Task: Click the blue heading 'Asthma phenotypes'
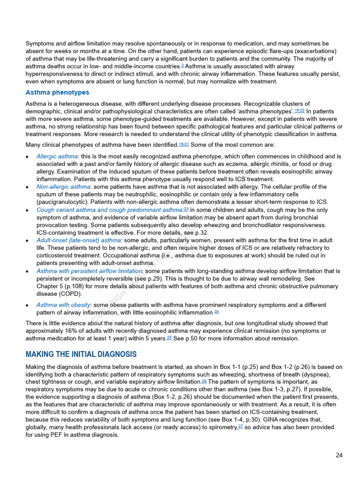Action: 57,92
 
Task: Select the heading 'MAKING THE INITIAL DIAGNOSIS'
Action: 81,354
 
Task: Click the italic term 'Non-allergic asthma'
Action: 63,187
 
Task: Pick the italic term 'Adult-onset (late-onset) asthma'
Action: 79,240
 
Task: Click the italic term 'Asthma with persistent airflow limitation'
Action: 89,271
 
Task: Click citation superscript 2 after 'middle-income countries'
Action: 182,66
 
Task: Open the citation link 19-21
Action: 184,144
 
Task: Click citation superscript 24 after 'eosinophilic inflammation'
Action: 217,312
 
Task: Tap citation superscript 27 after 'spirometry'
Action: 240,426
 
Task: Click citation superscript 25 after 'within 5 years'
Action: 169,337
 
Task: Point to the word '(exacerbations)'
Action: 313,51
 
